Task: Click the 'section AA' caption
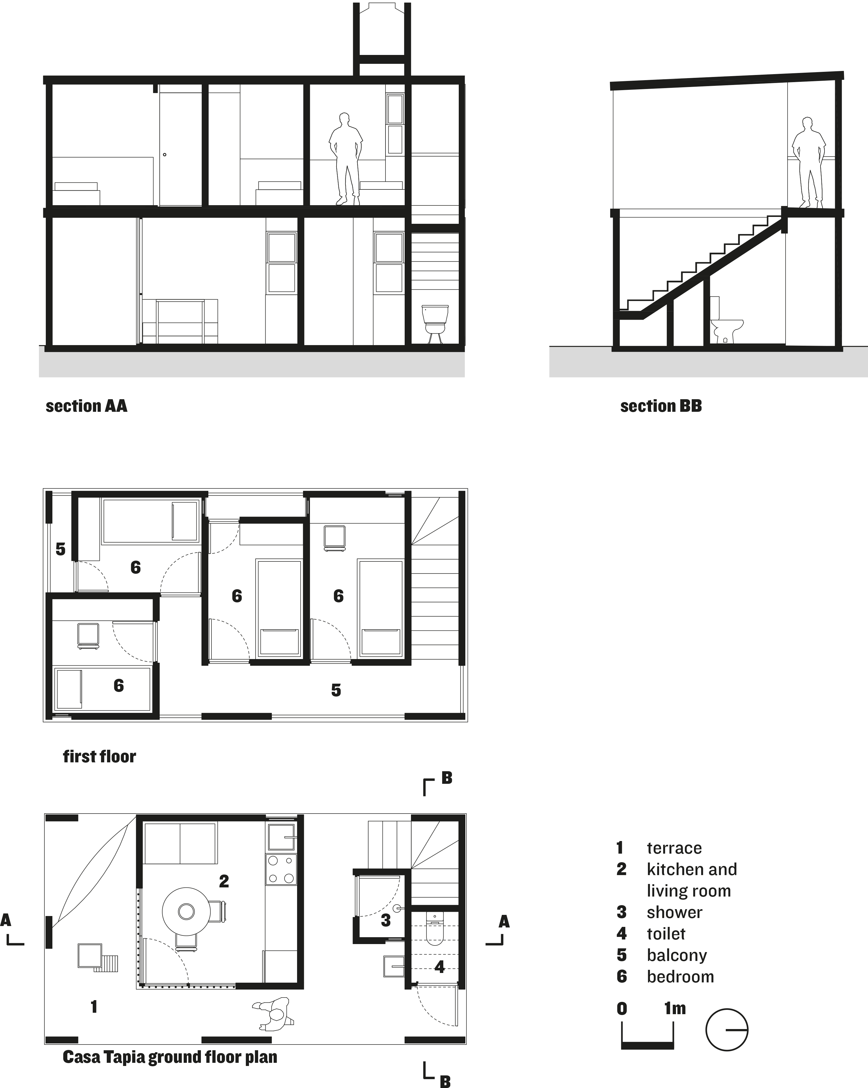click(86, 406)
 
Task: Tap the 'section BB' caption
click(661, 406)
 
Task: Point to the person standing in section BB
click(809, 163)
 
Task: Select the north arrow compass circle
click(727, 1029)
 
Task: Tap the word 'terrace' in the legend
click(674, 848)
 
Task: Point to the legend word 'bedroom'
click(680, 976)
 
